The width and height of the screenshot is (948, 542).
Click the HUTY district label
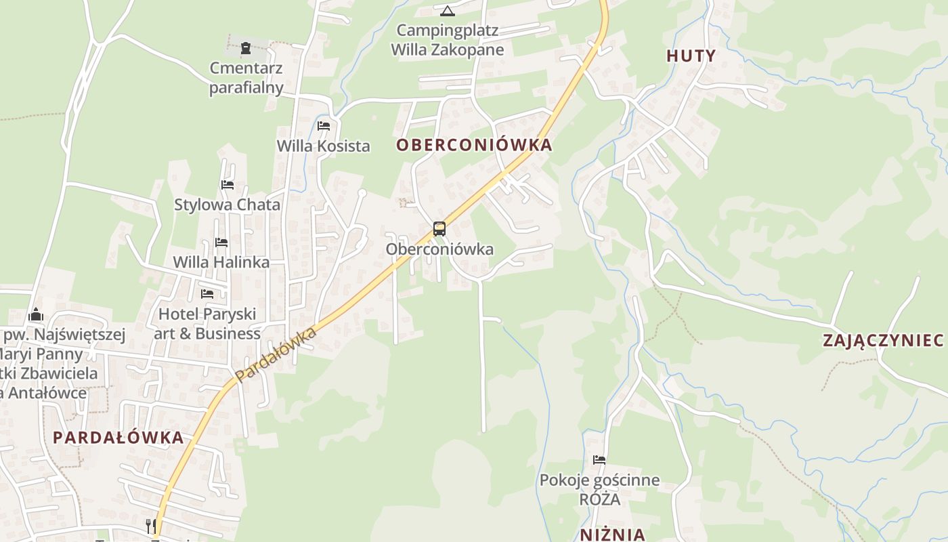tap(691, 56)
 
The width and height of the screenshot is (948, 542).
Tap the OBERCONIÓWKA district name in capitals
tap(474, 145)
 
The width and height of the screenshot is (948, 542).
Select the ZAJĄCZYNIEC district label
tap(883, 340)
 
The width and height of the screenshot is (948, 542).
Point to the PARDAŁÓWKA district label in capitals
tap(118, 437)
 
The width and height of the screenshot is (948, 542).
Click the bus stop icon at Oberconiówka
tap(439, 229)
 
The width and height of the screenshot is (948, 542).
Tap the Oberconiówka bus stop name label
tap(439, 249)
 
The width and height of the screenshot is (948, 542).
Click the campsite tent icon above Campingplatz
tap(447, 11)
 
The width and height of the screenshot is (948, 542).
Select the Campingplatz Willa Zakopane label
tap(448, 40)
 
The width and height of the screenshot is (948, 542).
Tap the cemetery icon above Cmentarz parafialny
tap(245, 48)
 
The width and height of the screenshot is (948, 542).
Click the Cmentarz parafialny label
tap(246, 78)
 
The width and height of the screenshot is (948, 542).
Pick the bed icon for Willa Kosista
tap(324, 126)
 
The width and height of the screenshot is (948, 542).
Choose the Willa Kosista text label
tap(324, 146)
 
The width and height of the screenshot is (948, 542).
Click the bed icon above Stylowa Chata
tap(227, 184)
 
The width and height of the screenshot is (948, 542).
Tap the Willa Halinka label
tap(221, 262)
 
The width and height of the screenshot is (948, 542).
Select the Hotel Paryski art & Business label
tap(207, 324)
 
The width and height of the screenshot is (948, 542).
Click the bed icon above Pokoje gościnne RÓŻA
tap(599, 460)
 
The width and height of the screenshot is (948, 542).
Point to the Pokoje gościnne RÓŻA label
tap(599, 490)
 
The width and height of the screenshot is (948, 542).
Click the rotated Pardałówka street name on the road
tap(276, 354)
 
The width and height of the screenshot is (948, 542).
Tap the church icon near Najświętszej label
tap(37, 314)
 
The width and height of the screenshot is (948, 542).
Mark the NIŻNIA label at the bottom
tap(612, 534)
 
